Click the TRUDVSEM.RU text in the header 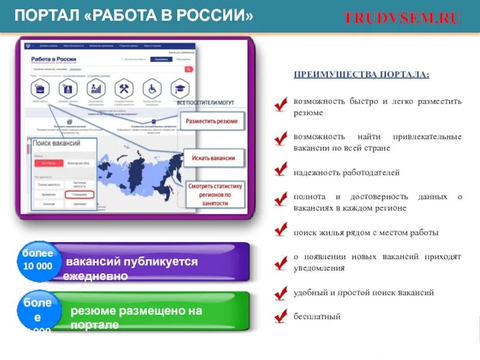(402, 18)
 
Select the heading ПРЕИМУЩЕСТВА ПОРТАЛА (361, 74)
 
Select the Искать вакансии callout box (214, 158)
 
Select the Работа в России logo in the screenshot (55, 60)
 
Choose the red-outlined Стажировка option (80, 195)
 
